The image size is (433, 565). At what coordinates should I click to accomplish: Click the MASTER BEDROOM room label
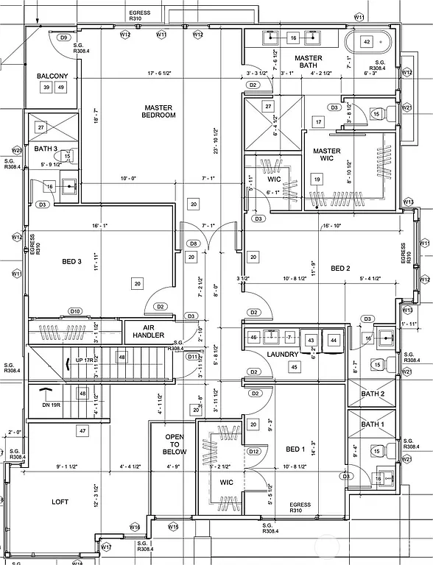coord(160,111)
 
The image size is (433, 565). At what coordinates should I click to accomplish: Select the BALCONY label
coord(52,76)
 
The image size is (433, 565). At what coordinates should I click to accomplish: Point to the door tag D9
coord(63,37)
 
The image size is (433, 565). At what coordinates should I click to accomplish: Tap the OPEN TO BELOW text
coord(175,444)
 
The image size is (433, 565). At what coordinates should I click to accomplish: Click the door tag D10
coord(75,311)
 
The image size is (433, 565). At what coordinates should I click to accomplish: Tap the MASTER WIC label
coord(326,155)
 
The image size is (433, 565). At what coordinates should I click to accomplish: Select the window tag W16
coord(135,527)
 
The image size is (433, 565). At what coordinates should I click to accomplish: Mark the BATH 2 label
coord(372,394)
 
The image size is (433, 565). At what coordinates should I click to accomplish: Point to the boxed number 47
coord(82,431)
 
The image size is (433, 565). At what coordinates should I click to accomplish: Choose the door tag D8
coord(193,244)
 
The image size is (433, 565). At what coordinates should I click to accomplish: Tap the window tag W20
coord(16,149)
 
